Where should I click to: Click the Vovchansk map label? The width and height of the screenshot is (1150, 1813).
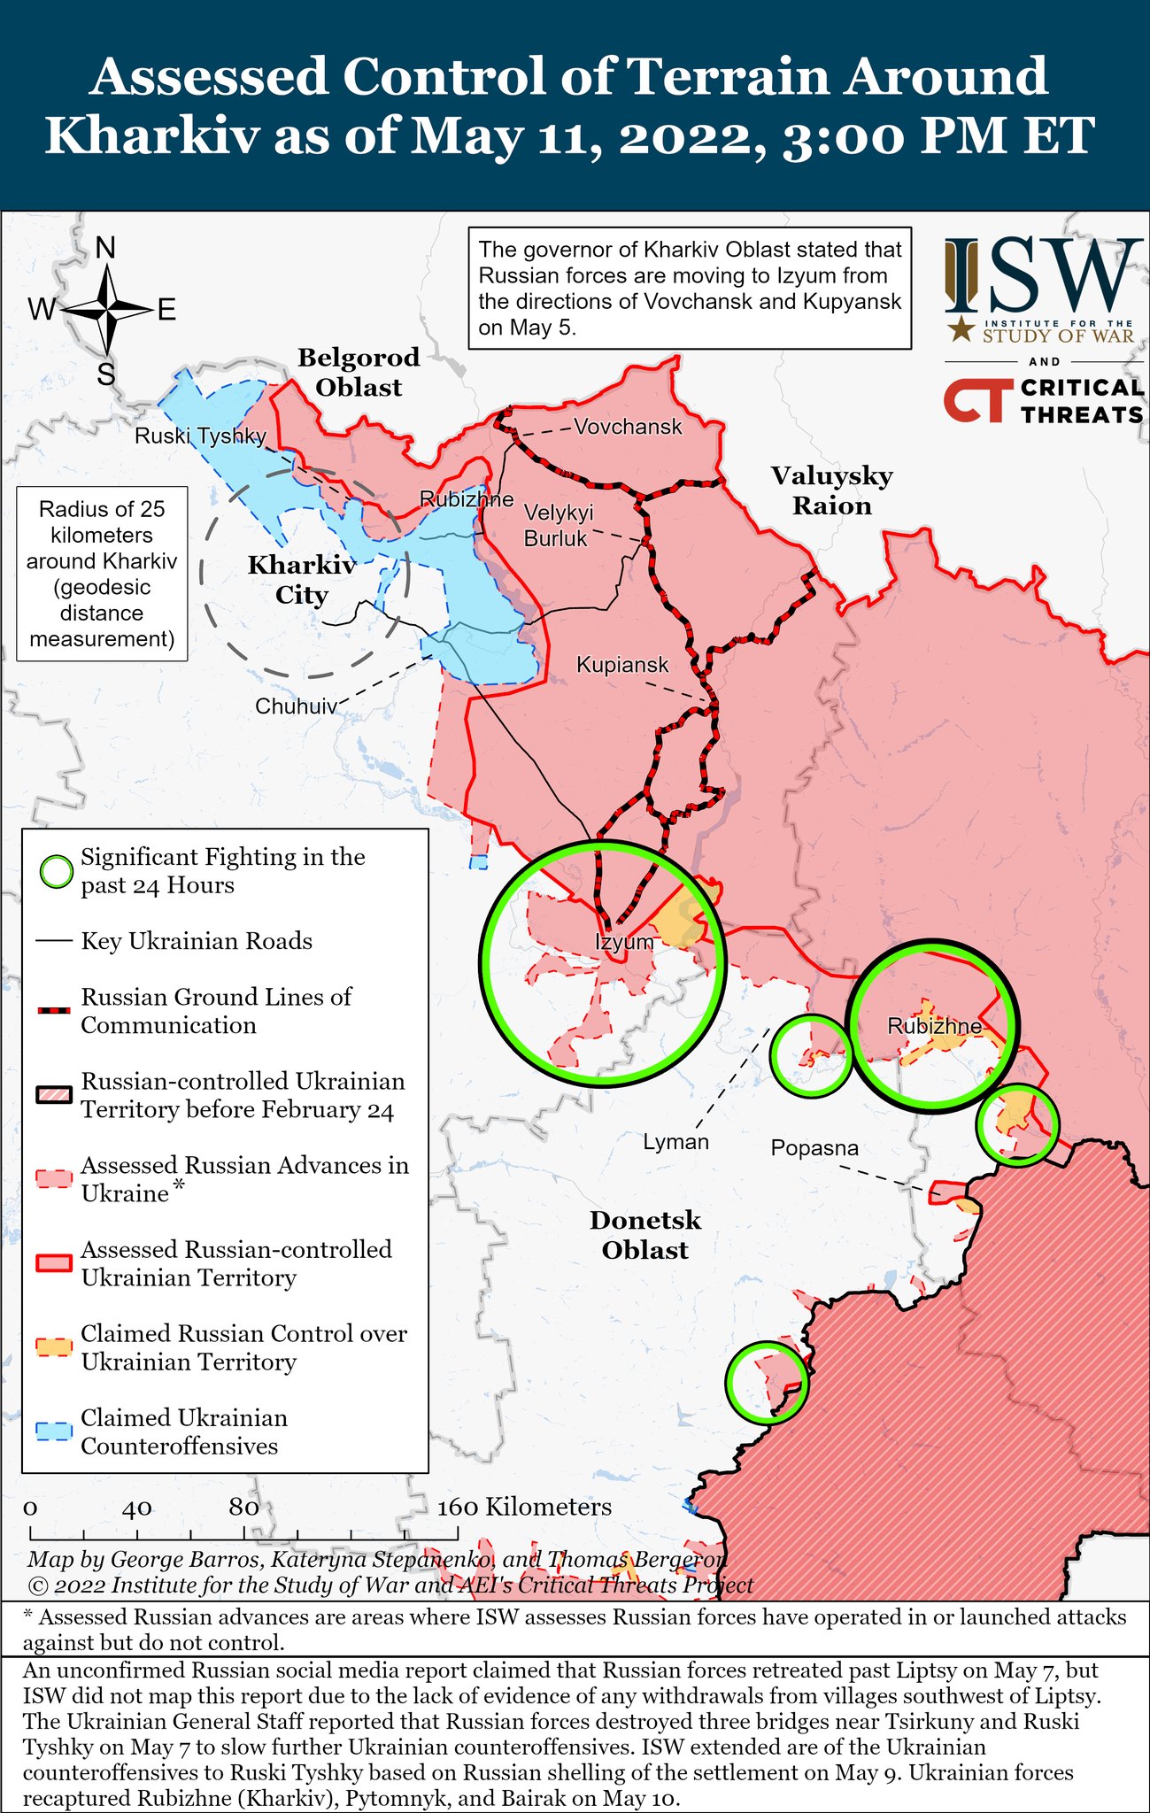click(x=628, y=427)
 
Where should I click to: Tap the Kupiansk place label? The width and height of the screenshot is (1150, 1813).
click(x=622, y=664)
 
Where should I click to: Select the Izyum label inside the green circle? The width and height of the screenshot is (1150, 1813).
click(x=624, y=942)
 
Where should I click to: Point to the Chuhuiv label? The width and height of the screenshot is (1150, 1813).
click(x=296, y=706)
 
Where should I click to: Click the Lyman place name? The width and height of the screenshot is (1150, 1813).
click(x=675, y=1142)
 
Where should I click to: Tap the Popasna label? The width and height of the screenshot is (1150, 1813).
click(x=814, y=1148)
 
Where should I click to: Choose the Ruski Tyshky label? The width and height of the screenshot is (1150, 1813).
click(x=200, y=436)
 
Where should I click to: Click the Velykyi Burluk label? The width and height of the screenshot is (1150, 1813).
click(x=558, y=525)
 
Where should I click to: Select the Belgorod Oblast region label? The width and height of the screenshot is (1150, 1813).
click(x=359, y=372)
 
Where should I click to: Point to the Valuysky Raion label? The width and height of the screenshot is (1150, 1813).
click(x=831, y=490)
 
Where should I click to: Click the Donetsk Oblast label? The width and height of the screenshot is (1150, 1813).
click(x=644, y=1235)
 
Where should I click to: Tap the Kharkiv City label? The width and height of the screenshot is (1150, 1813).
click(x=301, y=580)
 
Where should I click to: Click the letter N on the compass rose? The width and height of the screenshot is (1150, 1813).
click(x=105, y=249)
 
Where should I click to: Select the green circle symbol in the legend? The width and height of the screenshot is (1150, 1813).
click(x=57, y=871)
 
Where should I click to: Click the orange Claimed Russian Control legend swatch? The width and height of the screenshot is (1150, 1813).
click(x=54, y=1347)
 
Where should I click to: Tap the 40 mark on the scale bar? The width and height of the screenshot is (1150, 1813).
click(x=137, y=1508)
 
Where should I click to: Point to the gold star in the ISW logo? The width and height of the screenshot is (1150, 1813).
click(x=959, y=330)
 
